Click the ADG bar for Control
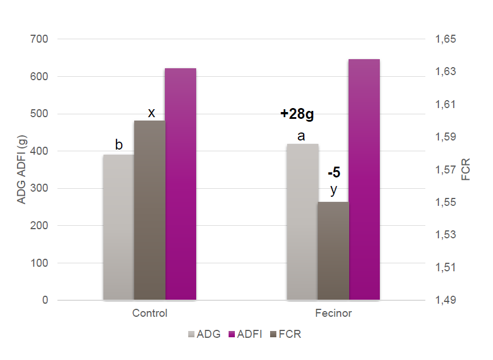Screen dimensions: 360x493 coord(118,227)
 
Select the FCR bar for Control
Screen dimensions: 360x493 coord(150,210)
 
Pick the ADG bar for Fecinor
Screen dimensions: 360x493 coord(303,222)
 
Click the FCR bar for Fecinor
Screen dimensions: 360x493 coord(333,251)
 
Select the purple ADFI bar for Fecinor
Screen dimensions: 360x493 coord(364,179)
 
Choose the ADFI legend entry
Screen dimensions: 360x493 coord(246,334)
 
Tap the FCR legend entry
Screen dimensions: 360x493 coord(286,334)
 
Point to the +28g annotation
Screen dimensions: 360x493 coord(297,114)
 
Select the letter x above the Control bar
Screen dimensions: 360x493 coord(151,113)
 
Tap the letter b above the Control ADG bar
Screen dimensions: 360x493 coord(119,145)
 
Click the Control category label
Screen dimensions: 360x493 coord(150,313)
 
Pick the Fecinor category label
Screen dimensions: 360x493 coord(333,313)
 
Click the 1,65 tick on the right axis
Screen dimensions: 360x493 coord(446,39)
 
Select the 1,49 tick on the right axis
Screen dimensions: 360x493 coord(446,300)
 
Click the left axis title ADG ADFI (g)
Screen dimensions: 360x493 coord(22,169)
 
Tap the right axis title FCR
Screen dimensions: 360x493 coord(466,169)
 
